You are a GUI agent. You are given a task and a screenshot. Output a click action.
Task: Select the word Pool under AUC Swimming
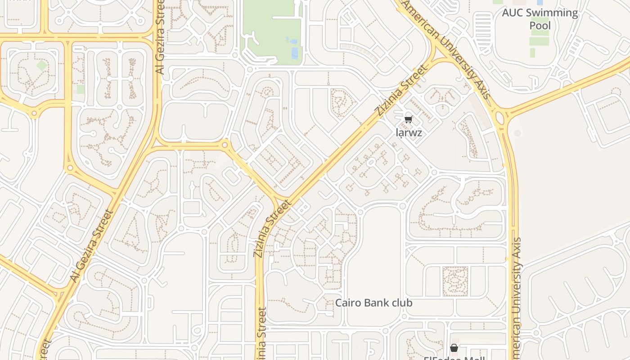pos(540,25)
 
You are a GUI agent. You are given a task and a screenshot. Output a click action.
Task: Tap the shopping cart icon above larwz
pos(408,119)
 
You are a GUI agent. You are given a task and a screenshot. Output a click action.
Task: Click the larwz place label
pos(409,133)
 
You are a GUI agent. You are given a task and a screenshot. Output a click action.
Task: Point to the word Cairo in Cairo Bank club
pos(347,303)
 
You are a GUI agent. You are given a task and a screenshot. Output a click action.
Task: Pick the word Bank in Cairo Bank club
pos(376,303)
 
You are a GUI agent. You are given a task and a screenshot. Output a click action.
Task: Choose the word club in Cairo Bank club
pos(402,303)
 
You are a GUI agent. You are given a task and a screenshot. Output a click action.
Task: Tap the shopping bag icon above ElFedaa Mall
pos(454,348)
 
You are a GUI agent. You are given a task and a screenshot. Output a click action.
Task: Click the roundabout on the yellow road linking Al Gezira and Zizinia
pos(225,145)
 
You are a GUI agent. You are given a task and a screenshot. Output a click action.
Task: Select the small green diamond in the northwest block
pos(41,65)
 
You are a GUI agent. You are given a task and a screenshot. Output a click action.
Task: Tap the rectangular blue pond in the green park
pos(295,53)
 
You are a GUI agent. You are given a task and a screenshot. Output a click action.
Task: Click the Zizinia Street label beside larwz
pos(400,91)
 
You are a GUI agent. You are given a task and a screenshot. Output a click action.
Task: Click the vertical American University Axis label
pos(517,297)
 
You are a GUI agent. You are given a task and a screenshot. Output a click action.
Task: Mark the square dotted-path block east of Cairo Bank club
pos(455,281)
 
